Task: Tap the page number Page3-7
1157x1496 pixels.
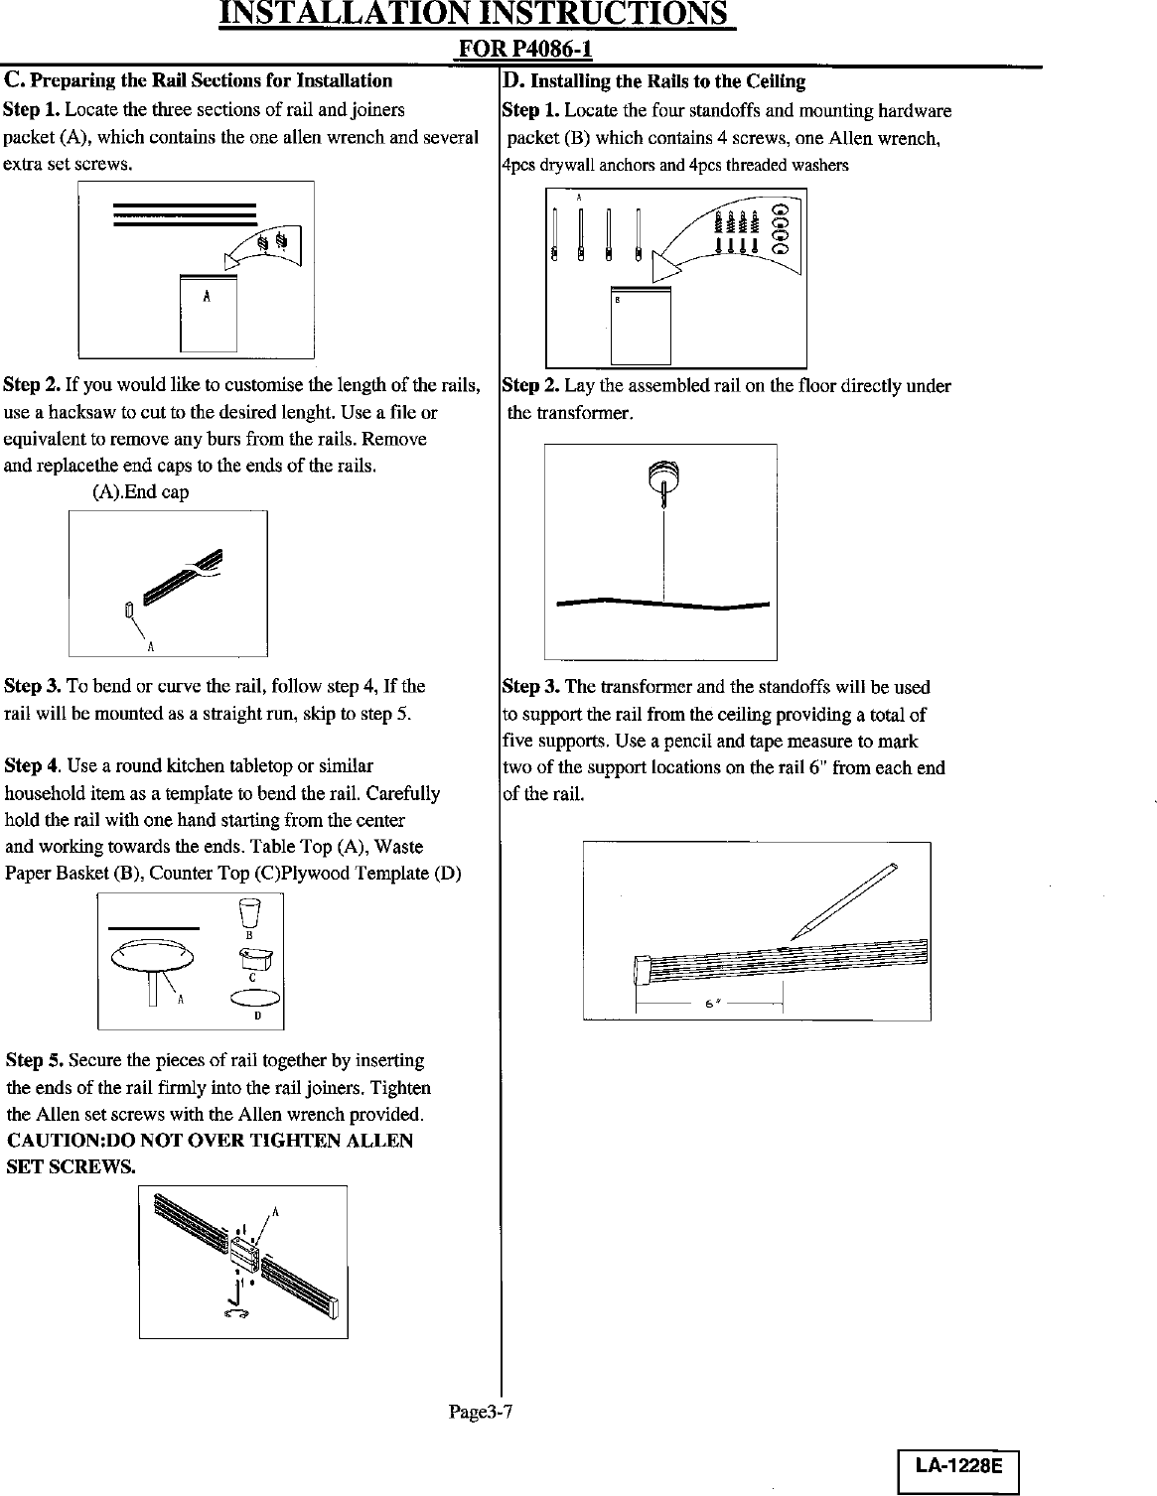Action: click(x=480, y=1413)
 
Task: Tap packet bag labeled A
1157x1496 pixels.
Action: click(x=209, y=312)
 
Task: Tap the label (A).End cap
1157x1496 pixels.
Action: click(x=140, y=492)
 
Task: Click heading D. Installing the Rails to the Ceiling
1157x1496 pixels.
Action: click(x=653, y=80)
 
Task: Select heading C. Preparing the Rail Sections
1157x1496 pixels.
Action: click(x=199, y=80)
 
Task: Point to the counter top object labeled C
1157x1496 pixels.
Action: click(x=255, y=957)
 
